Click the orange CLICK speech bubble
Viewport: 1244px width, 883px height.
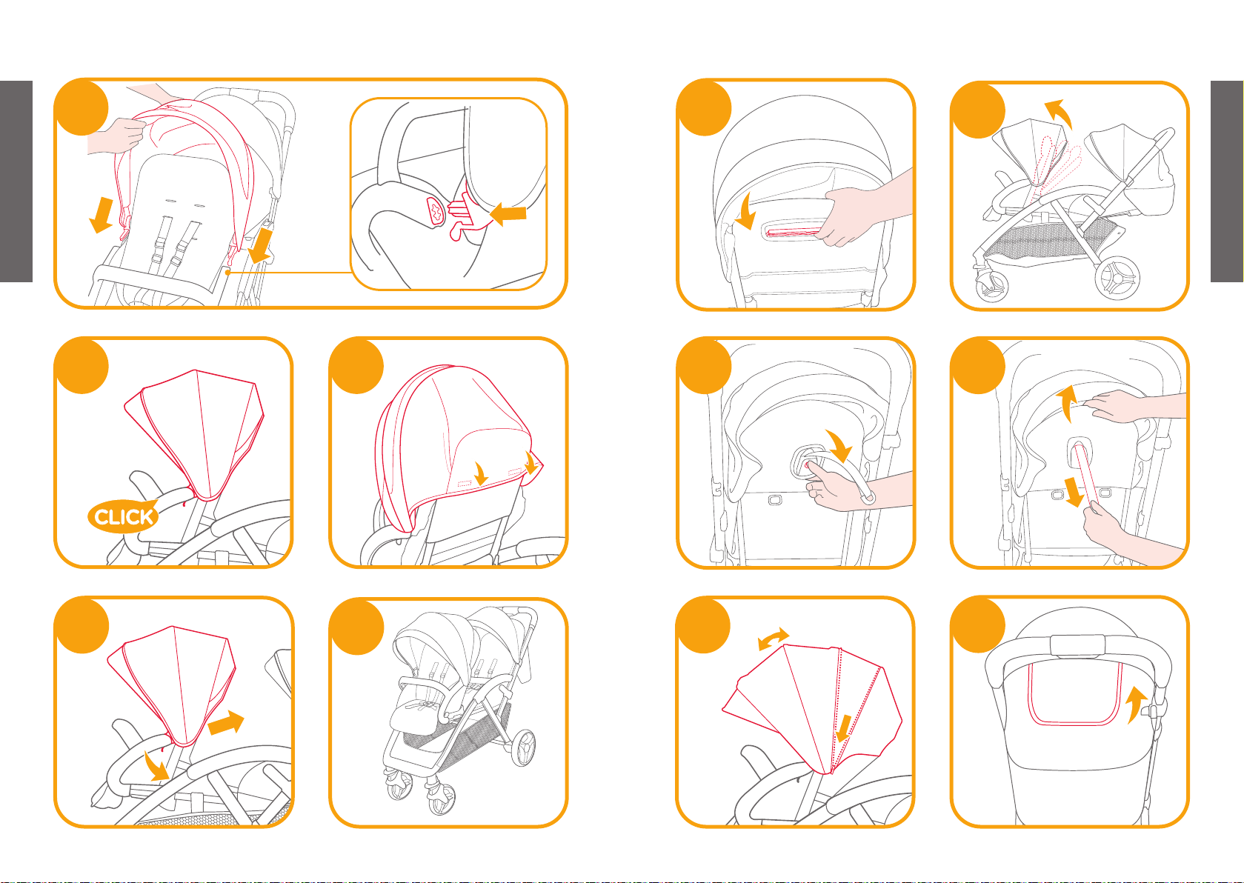123,516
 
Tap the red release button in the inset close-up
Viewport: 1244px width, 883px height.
436,212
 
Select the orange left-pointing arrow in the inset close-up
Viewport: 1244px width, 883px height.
508,214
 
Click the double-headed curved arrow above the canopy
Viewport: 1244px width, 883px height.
773,638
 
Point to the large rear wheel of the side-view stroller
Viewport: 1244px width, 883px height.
1117,278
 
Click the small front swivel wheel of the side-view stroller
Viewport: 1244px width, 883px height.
992,285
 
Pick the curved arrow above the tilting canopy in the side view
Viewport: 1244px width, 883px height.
1059,113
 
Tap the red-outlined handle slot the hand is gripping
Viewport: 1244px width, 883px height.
792,231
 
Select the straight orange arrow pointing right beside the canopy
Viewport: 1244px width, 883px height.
226,722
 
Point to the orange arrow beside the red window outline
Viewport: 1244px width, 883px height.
1137,704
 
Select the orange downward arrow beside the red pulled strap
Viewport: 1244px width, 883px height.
1074,491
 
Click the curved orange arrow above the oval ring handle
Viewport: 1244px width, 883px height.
839,445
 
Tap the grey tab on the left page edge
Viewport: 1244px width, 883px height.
16,181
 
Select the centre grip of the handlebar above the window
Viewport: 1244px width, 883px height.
1077,645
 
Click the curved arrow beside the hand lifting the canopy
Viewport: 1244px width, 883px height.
1066,404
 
